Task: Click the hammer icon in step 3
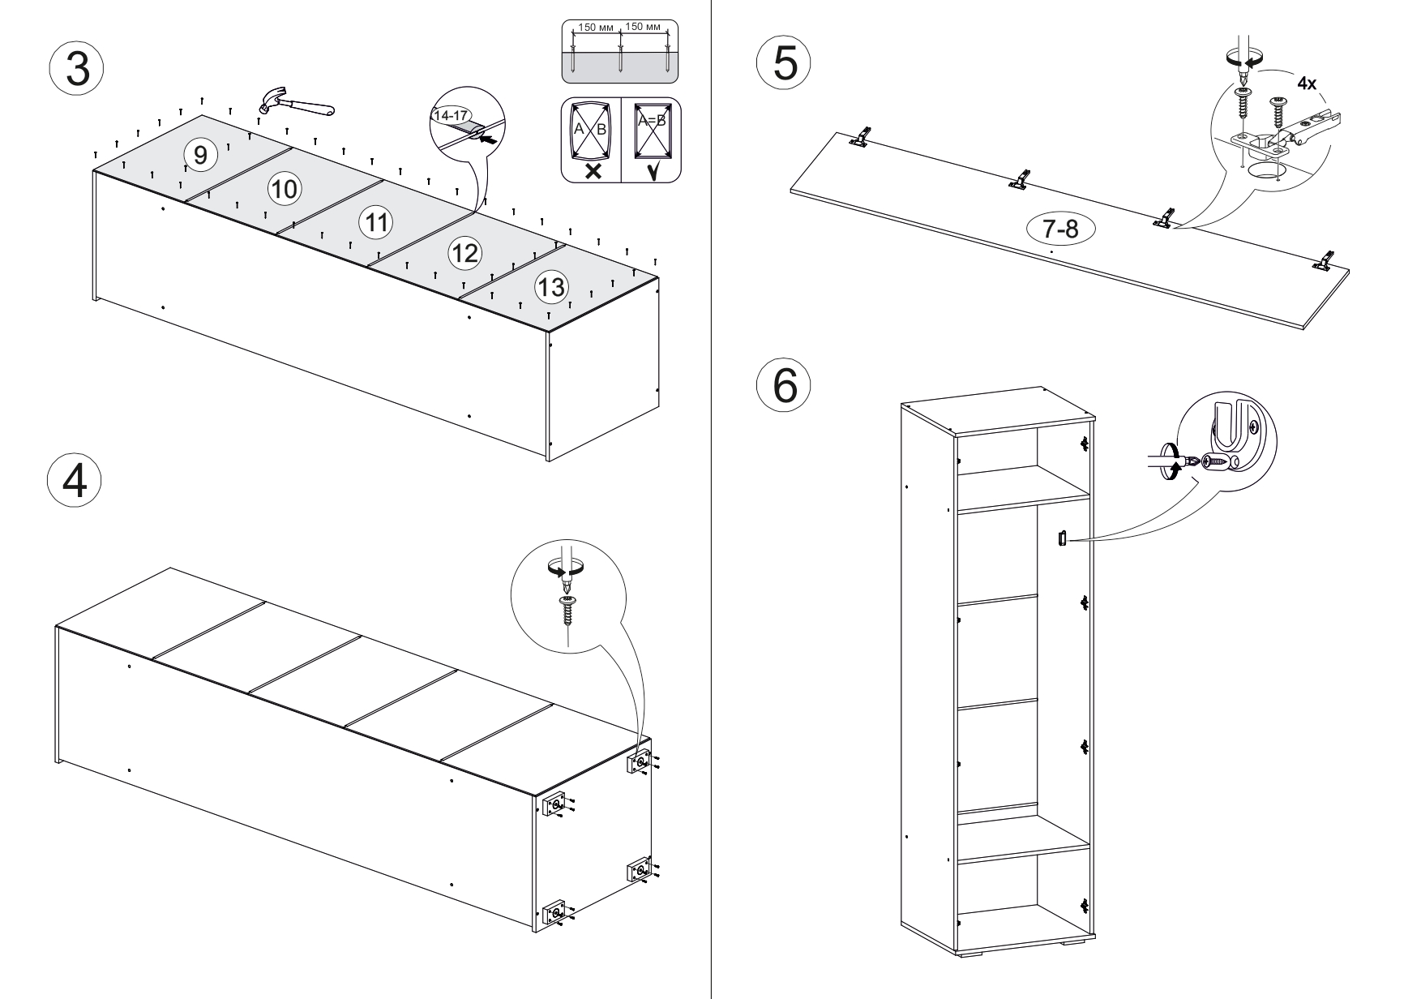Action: click(x=295, y=103)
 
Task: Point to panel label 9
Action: click(x=200, y=153)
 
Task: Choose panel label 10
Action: click(x=284, y=189)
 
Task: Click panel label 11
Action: click(x=375, y=221)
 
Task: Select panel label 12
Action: click(x=464, y=253)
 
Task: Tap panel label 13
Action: click(x=551, y=286)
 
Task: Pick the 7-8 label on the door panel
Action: click(x=1060, y=229)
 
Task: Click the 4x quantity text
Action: click(x=1306, y=84)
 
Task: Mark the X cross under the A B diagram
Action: click(x=593, y=170)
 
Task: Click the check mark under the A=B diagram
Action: click(x=652, y=170)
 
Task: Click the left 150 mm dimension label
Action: click(x=597, y=27)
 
